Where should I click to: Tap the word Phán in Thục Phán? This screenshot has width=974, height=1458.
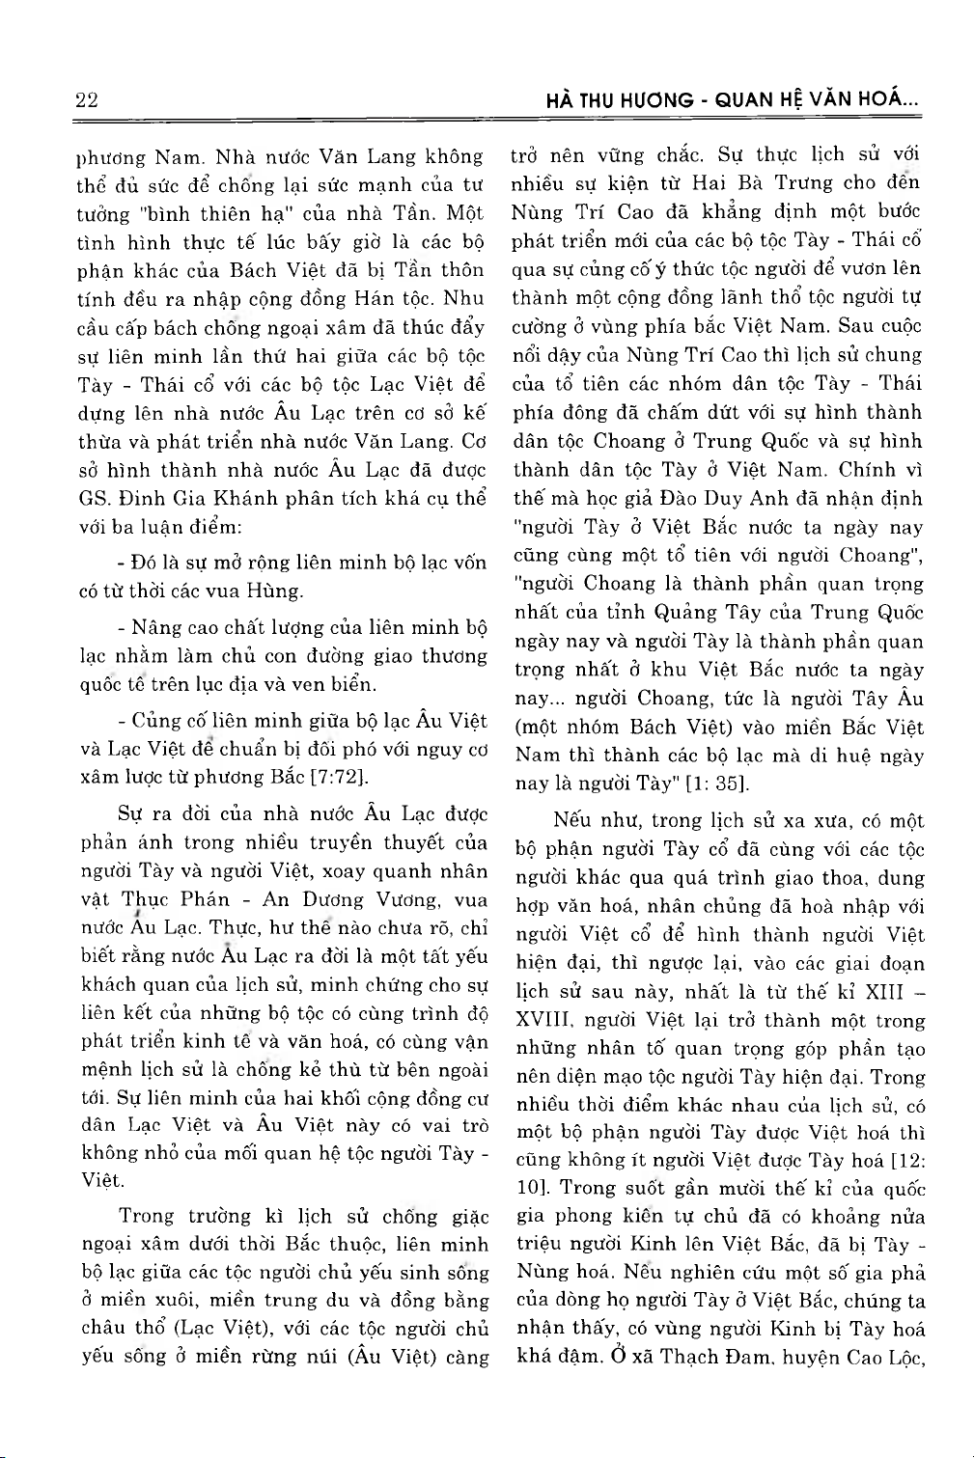207,899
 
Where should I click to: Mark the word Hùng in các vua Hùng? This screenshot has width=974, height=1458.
276,591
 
